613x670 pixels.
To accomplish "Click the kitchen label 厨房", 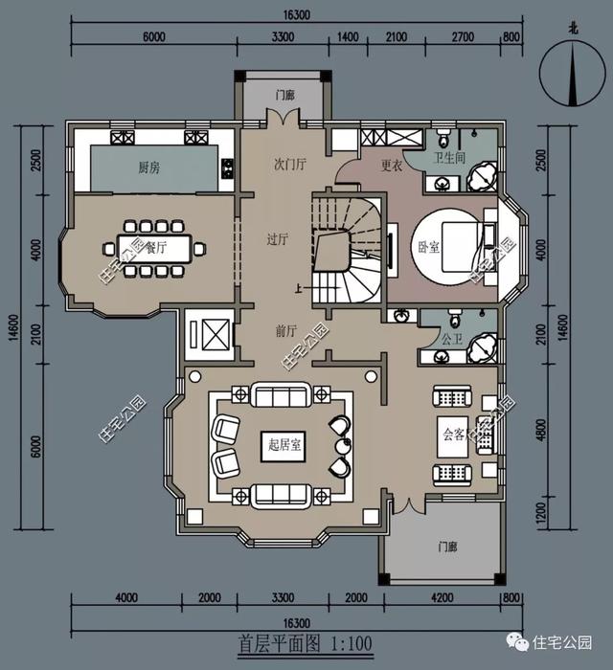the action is tap(149, 167).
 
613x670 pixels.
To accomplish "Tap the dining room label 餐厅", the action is tap(156, 247).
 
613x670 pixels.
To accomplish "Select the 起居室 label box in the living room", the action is tap(284, 446).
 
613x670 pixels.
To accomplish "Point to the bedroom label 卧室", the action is tap(429, 247).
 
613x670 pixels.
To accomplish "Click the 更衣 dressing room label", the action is tap(392, 166).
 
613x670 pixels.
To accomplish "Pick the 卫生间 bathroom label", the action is tap(449, 158).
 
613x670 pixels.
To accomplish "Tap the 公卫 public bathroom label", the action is tap(452, 339).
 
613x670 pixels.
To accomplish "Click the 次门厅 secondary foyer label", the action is tap(290, 164).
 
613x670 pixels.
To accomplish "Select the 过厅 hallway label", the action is tap(278, 239).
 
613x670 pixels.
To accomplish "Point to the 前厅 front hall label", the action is tap(286, 331).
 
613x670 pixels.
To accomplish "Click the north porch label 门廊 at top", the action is tap(285, 95).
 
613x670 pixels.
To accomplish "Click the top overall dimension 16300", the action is tap(296, 15).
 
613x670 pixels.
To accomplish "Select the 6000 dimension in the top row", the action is tap(154, 36).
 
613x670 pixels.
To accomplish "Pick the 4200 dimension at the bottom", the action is tap(442, 597).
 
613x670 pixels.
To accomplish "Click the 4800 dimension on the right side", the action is tap(541, 431).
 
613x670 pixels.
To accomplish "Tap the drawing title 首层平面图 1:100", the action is tap(306, 643).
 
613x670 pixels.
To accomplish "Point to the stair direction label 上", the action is tap(299, 289).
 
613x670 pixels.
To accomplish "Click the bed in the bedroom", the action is tap(464, 247).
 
